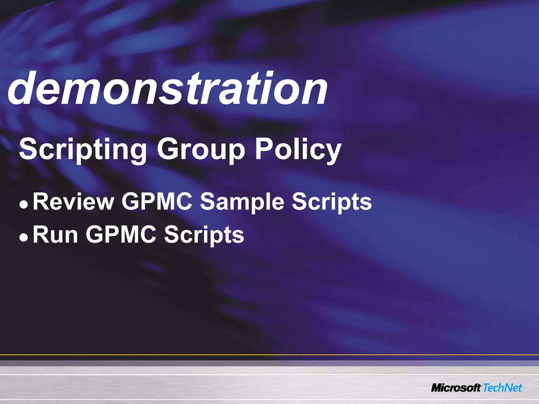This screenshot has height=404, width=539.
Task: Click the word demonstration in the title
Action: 168,89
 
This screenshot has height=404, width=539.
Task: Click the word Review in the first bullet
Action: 73,202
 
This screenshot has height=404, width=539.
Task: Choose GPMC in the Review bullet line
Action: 157,202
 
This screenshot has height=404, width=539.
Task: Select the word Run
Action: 55,235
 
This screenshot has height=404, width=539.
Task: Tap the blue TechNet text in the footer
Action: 502,388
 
